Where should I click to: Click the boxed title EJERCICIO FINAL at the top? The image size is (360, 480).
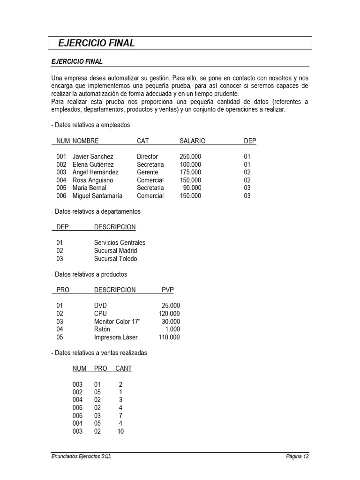tap(97, 43)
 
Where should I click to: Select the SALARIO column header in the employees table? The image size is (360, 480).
tap(192, 141)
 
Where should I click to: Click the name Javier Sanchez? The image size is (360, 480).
tap(93, 157)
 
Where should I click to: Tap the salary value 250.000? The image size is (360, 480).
tap(190, 157)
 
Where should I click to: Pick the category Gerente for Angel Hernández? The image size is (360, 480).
tap(147, 172)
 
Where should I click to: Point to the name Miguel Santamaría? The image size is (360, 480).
tap(97, 196)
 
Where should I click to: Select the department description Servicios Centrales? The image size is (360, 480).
tap(120, 243)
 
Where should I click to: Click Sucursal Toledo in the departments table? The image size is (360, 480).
tap(115, 259)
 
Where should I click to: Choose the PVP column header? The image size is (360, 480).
tap(167, 290)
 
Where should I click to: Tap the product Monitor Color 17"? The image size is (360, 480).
tap(117, 322)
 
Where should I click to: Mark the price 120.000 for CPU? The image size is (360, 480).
tap(169, 314)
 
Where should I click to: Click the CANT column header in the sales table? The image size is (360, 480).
tap(123, 368)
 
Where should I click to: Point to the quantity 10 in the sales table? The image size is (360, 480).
tap(120, 431)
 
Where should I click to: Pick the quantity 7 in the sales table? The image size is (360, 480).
tap(120, 416)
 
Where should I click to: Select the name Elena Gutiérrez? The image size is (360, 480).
tap(93, 165)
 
